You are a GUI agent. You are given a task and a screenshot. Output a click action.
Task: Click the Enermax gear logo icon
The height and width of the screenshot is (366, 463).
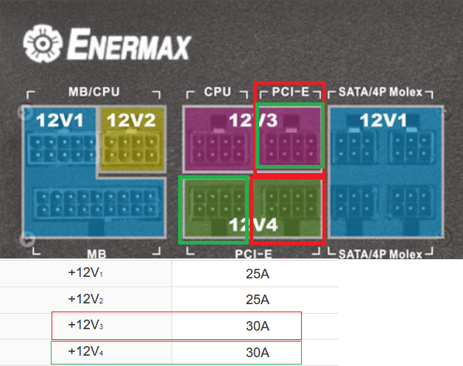[x=40, y=45]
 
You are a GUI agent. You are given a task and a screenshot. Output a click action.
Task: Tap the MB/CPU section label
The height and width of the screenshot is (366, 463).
[x=93, y=93]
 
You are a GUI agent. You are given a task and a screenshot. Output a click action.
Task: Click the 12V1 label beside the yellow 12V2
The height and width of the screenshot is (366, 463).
[x=60, y=120]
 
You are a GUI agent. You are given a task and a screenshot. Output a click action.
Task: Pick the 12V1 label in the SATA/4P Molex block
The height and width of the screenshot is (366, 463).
[x=384, y=120]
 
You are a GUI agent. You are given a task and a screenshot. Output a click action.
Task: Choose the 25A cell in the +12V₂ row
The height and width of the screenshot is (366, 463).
[x=257, y=299]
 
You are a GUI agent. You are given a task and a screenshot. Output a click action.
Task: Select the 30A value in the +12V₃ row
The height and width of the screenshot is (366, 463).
[x=257, y=325]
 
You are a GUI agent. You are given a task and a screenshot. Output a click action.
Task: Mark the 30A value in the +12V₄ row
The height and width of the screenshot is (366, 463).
[x=257, y=352]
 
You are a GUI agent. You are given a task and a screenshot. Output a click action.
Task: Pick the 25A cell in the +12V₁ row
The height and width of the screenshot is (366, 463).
[x=257, y=272]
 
